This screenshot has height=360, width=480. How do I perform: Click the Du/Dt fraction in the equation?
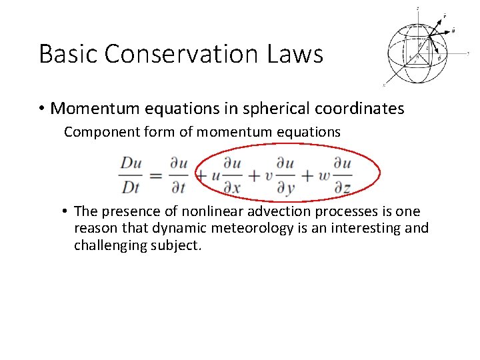point(131,175)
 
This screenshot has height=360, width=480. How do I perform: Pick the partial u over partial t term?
point(177,175)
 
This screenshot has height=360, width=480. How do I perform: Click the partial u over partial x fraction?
point(232,175)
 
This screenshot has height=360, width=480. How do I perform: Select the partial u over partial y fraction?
point(285,175)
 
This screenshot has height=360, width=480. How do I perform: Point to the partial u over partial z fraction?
point(342,175)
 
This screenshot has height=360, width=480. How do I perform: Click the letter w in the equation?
point(325,177)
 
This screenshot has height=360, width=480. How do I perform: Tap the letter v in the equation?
point(269,177)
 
